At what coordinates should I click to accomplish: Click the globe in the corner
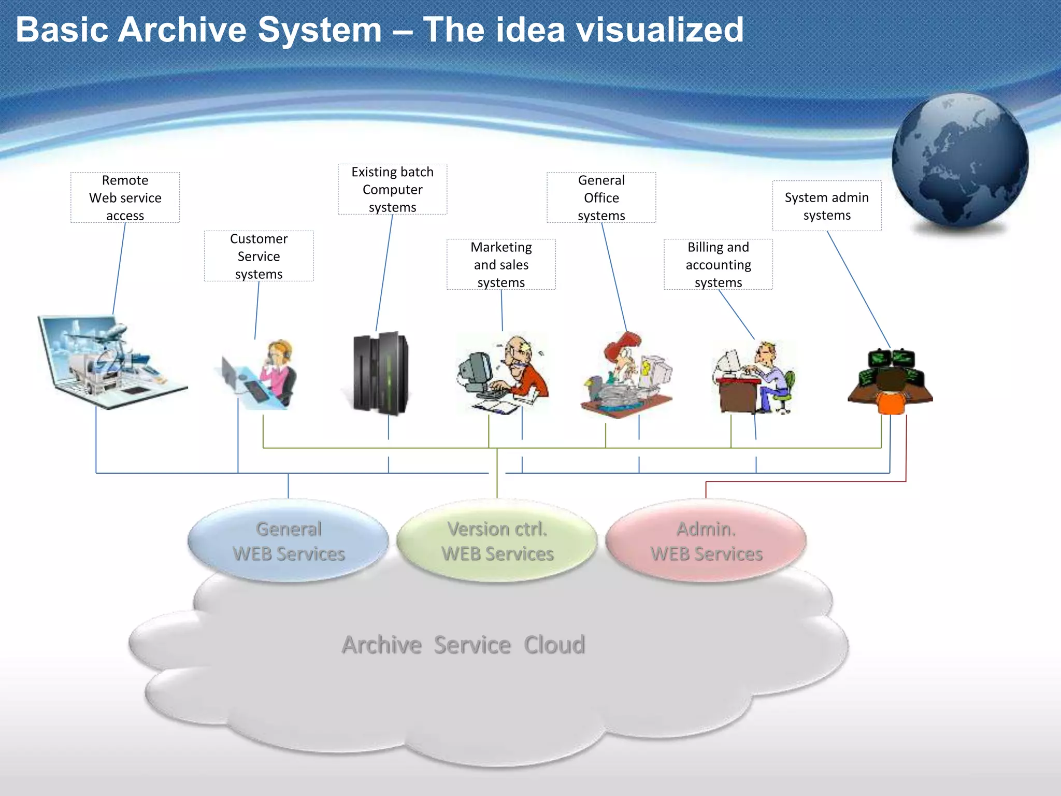(x=960, y=161)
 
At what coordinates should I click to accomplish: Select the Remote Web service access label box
(x=125, y=197)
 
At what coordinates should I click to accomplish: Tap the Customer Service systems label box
(x=259, y=256)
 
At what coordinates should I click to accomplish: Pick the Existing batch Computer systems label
(x=392, y=189)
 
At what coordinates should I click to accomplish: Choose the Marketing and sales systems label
(x=501, y=264)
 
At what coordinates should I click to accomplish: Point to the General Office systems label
(x=601, y=197)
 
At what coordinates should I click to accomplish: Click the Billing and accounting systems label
(x=718, y=264)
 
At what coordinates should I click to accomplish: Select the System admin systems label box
(x=826, y=206)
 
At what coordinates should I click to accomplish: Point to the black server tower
(x=381, y=373)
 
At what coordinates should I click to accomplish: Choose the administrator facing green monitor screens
(x=890, y=381)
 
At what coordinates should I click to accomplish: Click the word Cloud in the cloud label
(x=554, y=645)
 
